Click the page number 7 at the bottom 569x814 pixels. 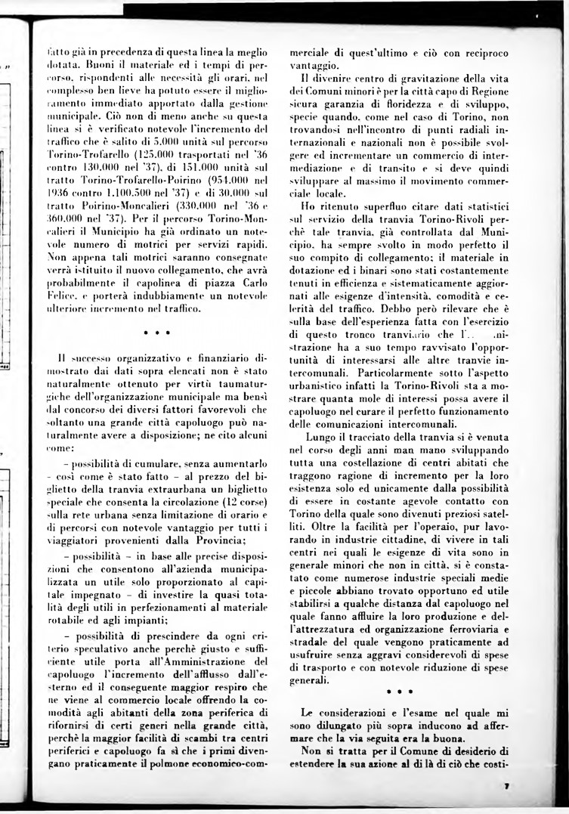[506, 787]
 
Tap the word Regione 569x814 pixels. [491, 89]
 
